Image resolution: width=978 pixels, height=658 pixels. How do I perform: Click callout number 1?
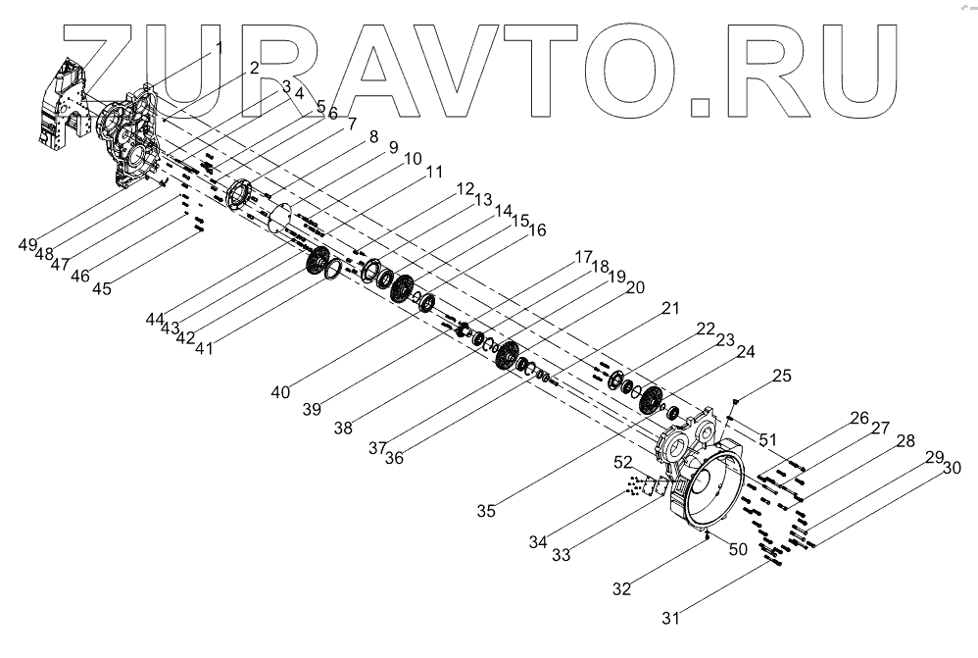(220, 46)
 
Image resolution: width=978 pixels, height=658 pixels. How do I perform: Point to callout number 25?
(781, 376)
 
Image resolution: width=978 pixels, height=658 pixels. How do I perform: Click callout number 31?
(670, 617)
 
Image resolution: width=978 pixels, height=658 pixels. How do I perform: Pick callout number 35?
(486, 510)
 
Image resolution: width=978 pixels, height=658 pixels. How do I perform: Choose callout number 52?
(623, 461)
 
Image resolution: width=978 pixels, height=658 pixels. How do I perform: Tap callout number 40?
(281, 392)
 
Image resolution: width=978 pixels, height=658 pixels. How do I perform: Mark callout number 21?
(669, 309)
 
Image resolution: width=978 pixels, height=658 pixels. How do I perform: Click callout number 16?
(536, 231)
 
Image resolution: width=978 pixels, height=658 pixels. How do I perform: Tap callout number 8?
(372, 140)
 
